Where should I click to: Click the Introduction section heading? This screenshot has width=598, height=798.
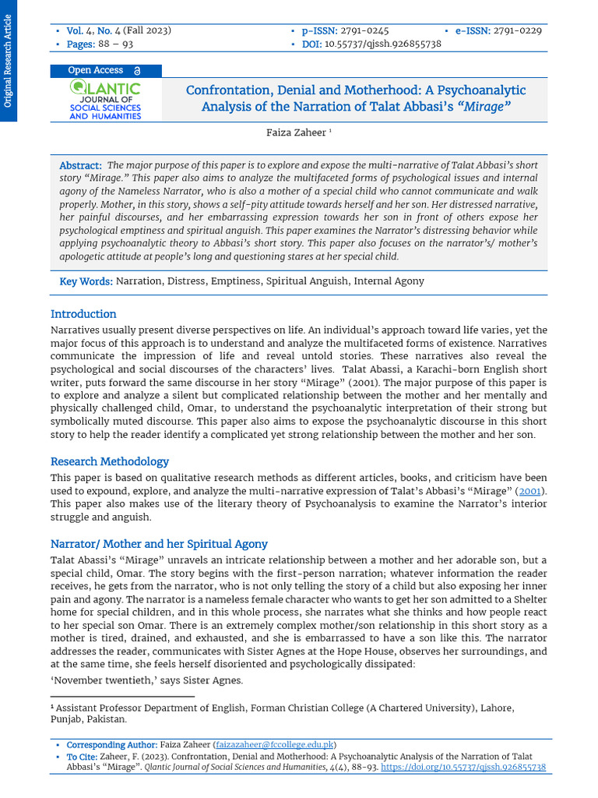(83, 314)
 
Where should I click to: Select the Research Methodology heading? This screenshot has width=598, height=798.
(110, 461)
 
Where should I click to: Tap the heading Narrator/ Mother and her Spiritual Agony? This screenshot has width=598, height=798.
(159, 544)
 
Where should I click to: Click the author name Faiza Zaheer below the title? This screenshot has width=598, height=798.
(296, 133)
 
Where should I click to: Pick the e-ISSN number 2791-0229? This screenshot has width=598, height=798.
(518, 30)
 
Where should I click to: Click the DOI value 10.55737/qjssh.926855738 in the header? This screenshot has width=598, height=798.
(382, 44)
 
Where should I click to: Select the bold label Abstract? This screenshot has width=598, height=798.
(81, 166)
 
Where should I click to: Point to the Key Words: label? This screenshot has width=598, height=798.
(86, 281)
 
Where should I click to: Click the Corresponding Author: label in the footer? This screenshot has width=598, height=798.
(111, 745)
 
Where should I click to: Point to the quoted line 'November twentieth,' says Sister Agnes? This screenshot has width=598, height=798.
(147, 680)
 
